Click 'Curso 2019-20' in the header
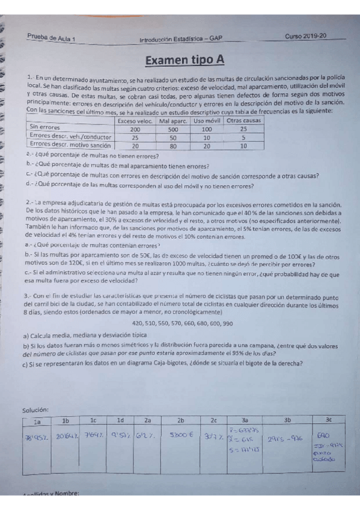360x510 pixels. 306,37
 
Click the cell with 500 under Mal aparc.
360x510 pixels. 173,129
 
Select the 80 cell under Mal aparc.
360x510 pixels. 173,146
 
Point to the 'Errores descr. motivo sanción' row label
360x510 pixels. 70,145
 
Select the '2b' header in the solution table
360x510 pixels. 180,420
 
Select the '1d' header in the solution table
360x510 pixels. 121,420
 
